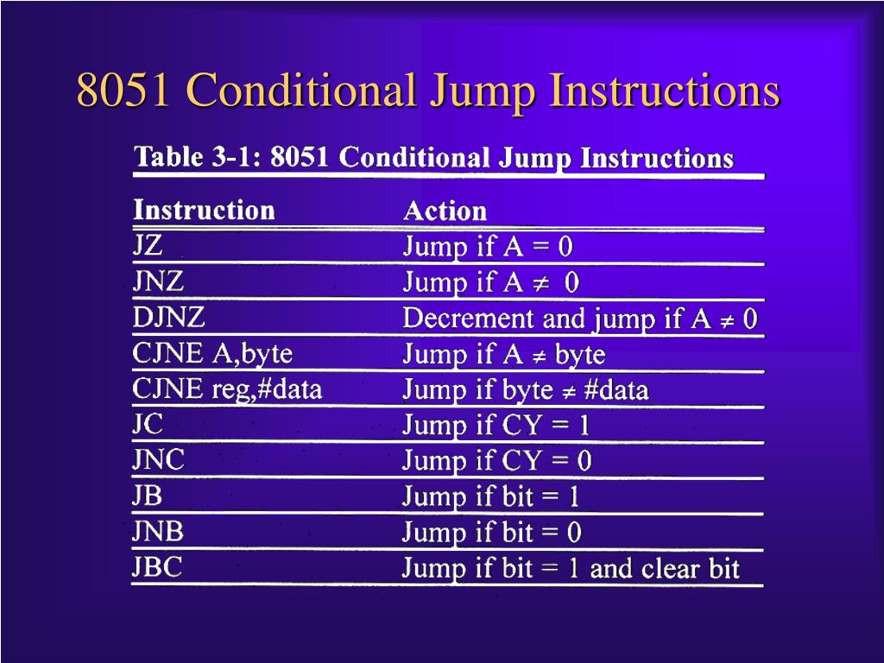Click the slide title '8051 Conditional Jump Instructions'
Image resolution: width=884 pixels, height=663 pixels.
point(428,92)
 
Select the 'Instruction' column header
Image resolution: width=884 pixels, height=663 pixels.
point(204,210)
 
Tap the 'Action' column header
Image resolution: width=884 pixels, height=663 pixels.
point(445,212)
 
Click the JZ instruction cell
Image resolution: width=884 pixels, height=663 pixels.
point(148,246)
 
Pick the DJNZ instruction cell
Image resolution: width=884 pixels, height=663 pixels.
point(169,318)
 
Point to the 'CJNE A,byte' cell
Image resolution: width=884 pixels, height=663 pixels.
point(212,353)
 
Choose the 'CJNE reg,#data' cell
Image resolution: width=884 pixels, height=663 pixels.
point(227,389)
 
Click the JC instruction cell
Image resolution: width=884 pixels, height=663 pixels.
point(148,425)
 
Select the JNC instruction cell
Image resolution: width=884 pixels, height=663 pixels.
point(158,460)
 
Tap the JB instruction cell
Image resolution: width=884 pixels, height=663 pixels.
point(148,496)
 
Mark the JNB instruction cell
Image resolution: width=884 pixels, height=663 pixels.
point(158,532)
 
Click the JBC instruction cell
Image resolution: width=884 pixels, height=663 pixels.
point(157,567)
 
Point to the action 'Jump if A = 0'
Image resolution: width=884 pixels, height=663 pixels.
point(488,248)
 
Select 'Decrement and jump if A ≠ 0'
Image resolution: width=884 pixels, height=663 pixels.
point(580,319)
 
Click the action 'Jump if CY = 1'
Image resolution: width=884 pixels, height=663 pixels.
point(496,426)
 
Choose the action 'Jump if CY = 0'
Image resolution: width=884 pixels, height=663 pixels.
point(497,461)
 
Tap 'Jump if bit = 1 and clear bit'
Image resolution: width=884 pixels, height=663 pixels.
point(571,569)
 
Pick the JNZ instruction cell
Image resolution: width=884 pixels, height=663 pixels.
point(158,281)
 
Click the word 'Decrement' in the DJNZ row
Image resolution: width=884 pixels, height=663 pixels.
point(469,319)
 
